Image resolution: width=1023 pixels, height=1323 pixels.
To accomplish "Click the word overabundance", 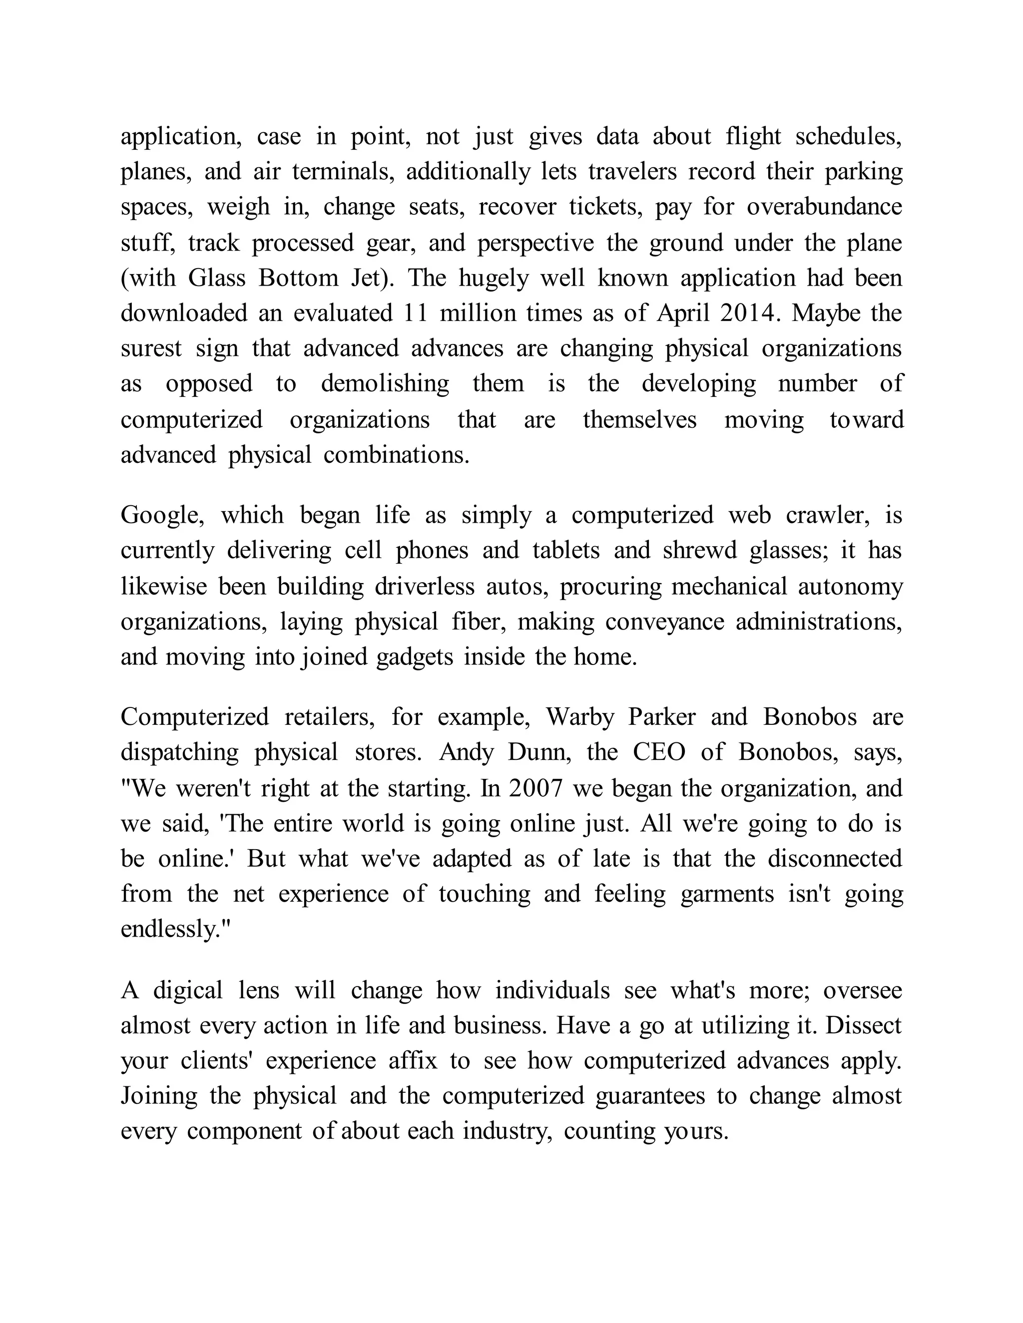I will (824, 207).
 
